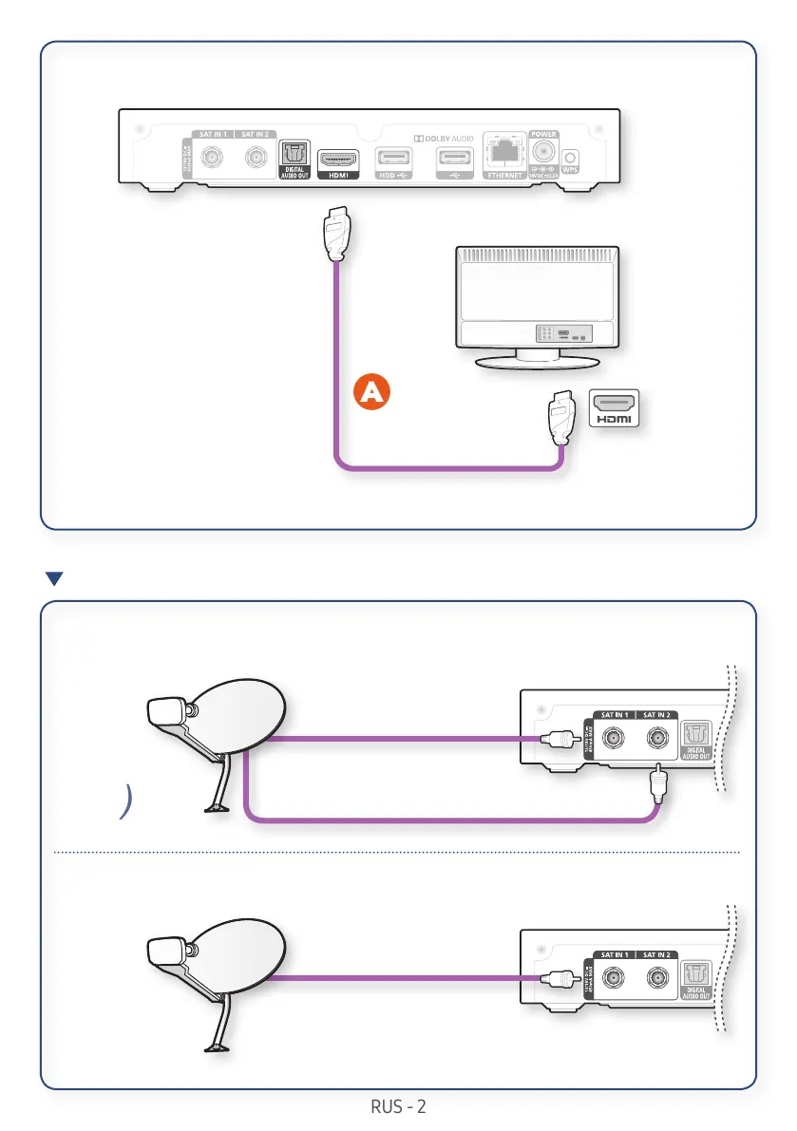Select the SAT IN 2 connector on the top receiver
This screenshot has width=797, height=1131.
[254, 158]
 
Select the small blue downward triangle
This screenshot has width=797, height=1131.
[54, 578]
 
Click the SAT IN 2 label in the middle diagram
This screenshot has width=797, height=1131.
[655, 714]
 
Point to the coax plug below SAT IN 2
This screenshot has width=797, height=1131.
[656, 786]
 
